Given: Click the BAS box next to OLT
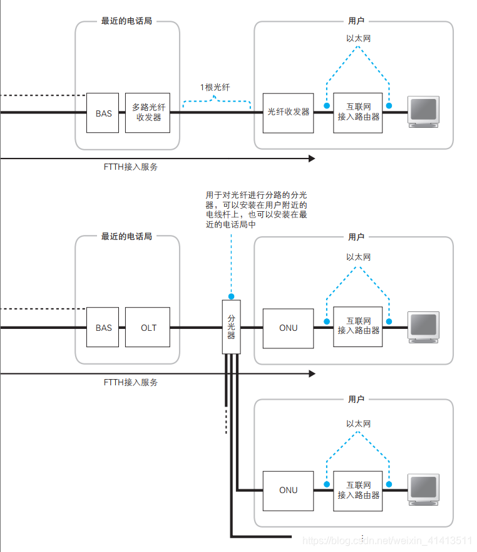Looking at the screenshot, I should tap(103, 328).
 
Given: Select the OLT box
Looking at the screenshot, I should tap(148, 328).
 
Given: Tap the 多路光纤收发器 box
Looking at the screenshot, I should tap(148, 113).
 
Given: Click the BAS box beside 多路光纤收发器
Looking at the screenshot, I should tap(103, 113).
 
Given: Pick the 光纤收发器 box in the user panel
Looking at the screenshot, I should tap(288, 113).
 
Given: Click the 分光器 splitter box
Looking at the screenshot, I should tap(231, 326).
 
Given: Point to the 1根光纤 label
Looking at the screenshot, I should tap(215, 88).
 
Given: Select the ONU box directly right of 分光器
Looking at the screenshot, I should tap(288, 328).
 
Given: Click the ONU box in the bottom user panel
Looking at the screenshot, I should tap(288, 490).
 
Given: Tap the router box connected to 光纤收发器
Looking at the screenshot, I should tap(358, 113).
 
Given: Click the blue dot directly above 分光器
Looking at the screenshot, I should tap(231, 296).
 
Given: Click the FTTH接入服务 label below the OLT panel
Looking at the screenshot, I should tap(131, 382).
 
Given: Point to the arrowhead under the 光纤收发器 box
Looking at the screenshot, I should tap(311, 159).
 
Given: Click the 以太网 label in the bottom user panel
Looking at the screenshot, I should tap(358, 424).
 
